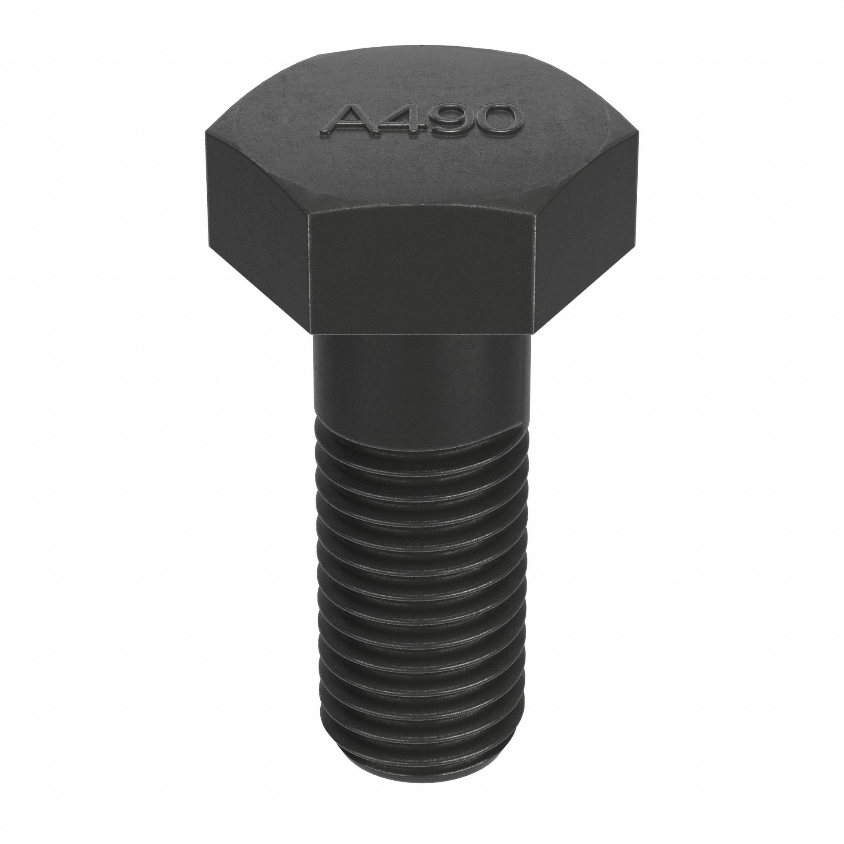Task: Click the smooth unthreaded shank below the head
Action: [422, 376]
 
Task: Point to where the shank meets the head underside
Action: [422, 334]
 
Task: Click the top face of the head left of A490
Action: [271, 127]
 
